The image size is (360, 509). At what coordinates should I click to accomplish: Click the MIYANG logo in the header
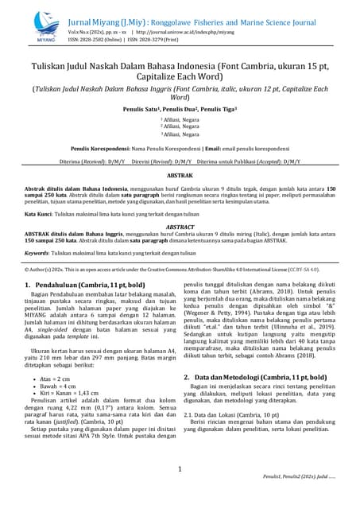pos(46,26)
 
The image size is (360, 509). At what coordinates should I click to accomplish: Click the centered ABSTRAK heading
pos(180,174)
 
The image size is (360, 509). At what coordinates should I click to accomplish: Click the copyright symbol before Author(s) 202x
pos(26,269)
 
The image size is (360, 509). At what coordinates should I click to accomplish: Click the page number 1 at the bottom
pos(180,469)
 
